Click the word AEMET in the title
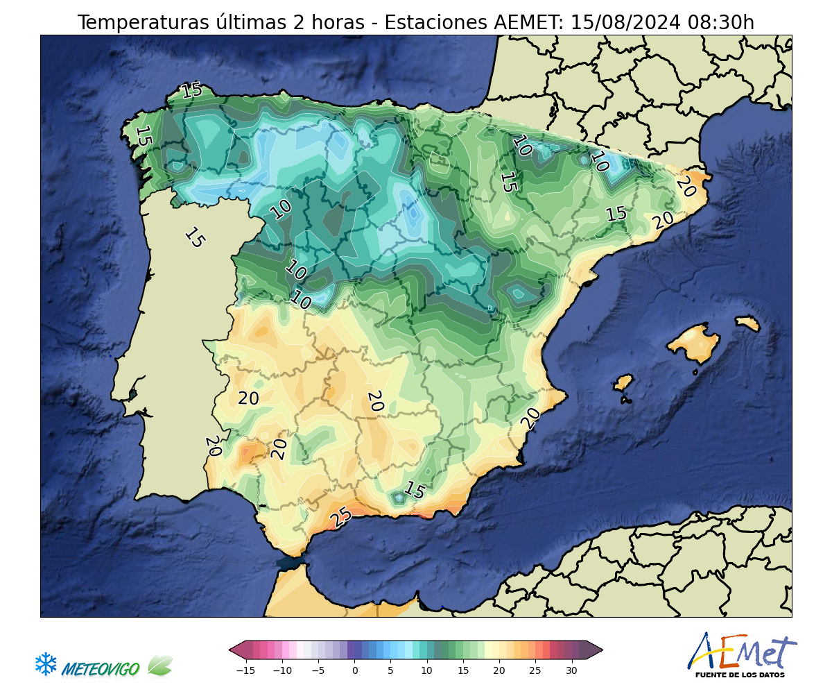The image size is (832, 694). tap(529, 22)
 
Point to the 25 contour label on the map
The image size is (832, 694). tap(340, 517)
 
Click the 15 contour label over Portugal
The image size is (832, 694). tap(195, 238)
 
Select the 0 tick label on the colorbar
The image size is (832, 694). tap(355, 670)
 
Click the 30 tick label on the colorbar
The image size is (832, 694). tap(571, 670)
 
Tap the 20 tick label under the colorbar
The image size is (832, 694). tap(499, 670)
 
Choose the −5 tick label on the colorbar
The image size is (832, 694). tap(318, 670)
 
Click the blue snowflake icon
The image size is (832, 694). tap(46, 664)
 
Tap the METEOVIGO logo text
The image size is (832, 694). tap(100, 669)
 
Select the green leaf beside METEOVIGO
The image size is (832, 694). tap(160, 666)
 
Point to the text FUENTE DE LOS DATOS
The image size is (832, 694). tap(740, 675)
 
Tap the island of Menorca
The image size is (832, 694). tap(747, 323)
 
